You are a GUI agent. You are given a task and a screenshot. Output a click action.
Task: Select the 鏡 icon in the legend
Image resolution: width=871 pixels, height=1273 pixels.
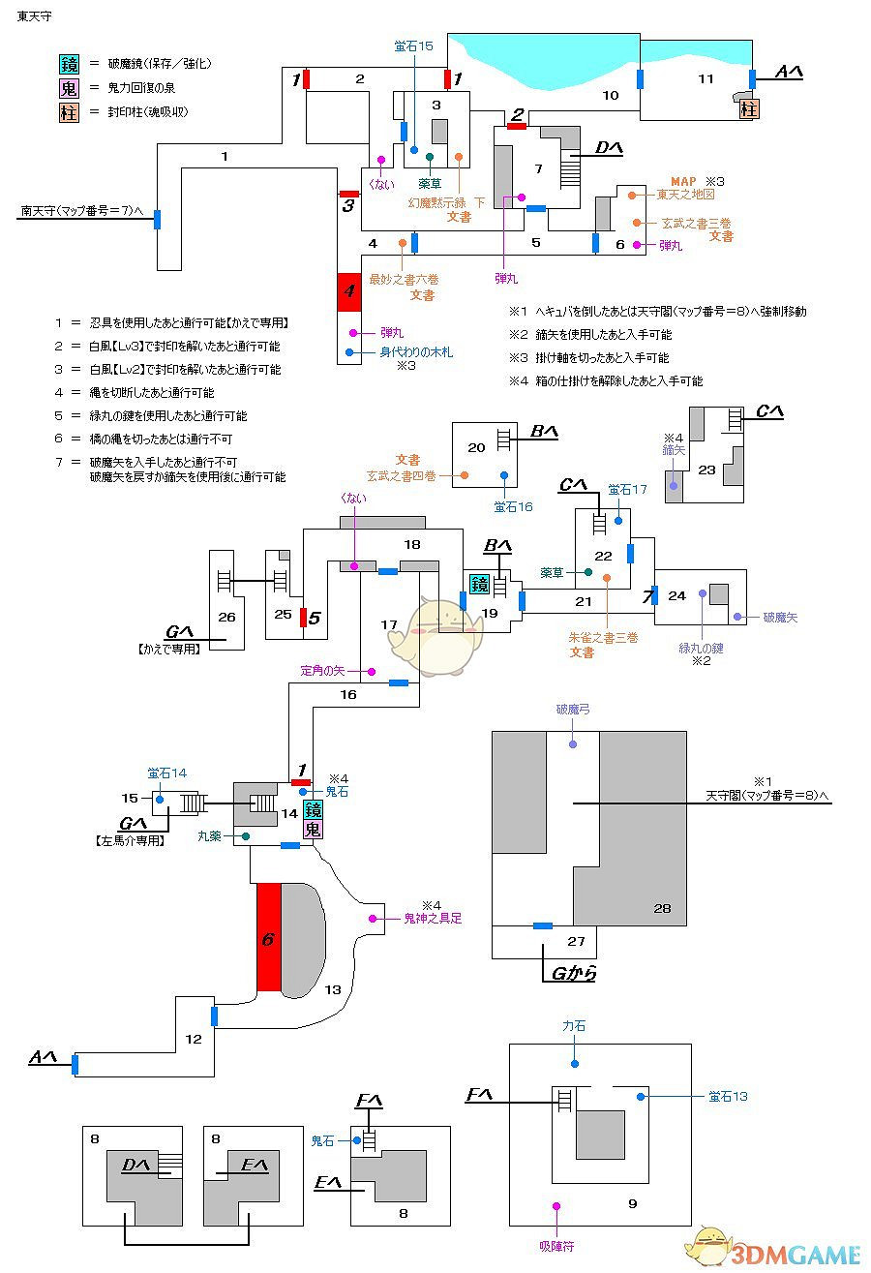coord(68,64)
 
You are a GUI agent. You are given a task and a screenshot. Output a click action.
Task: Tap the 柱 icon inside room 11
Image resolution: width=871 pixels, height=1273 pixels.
coord(748,108)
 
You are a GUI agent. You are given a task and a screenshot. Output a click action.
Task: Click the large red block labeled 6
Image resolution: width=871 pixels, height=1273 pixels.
coord(268,937)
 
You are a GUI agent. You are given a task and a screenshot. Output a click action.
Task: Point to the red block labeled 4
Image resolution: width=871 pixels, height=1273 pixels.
coord(347,291)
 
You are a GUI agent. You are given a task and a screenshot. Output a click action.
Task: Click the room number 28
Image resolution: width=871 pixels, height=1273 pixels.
coord(661,907)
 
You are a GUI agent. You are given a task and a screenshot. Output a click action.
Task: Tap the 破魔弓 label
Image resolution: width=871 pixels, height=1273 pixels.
coord(573,710)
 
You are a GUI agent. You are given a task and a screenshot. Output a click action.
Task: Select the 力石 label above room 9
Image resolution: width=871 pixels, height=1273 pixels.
coord(574,1026)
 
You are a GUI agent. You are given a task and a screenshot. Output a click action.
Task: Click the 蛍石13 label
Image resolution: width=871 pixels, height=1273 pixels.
coord(727,1096)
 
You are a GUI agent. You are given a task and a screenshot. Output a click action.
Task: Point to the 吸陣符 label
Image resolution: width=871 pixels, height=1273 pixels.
coord(556,1247)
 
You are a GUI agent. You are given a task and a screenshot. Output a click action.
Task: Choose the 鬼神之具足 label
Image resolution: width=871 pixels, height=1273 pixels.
coord(433,918)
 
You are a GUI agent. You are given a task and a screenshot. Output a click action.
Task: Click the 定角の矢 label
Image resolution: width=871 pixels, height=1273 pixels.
coord(322,670)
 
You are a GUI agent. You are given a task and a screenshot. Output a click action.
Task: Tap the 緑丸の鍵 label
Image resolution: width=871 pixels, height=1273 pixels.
coord(701,648)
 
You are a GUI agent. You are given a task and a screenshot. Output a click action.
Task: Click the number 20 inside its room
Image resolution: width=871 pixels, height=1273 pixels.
coord(475,447)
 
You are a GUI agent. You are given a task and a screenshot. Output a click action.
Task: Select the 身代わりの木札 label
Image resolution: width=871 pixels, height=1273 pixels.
coord(415,352)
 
